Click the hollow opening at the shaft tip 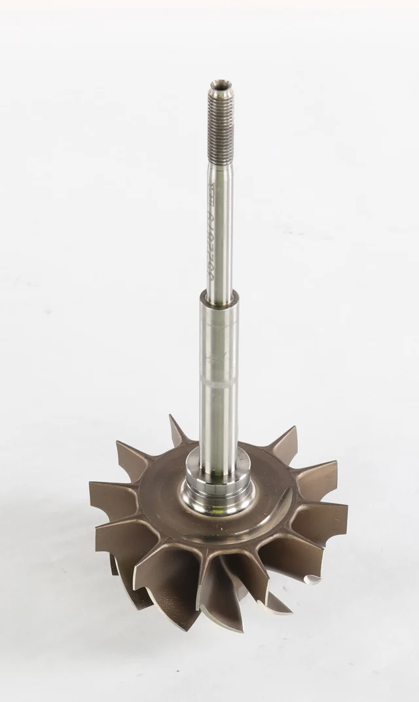[220, 84]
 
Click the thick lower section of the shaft [219, 406]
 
